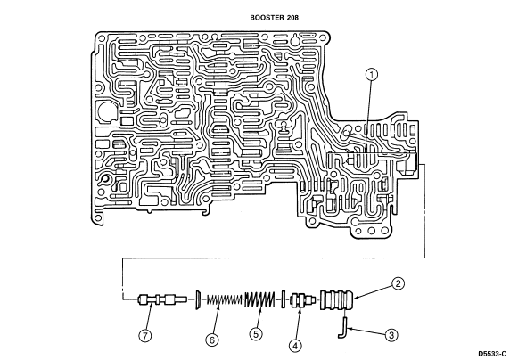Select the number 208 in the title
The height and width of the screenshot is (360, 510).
292,18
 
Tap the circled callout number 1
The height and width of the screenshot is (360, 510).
372,75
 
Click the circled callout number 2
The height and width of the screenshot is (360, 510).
398,283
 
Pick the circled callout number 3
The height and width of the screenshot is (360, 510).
391,335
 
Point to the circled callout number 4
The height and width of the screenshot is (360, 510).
295,346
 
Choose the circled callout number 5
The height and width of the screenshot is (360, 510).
256,334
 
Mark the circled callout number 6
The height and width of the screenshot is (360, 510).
212,340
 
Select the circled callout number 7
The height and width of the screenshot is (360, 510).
145,336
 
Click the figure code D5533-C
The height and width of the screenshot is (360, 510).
492,354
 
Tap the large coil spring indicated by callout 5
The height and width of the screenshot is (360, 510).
259,299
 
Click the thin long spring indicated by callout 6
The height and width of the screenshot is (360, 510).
225,299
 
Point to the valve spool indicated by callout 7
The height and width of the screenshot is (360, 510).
162,299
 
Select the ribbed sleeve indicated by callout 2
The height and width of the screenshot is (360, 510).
337,299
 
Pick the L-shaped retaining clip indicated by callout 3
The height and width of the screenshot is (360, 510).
343,328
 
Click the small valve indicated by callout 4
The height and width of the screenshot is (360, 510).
302,299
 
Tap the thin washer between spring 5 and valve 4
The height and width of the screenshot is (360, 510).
283,299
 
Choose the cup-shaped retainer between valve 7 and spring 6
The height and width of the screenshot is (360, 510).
197,299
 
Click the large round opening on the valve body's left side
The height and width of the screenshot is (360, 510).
106,112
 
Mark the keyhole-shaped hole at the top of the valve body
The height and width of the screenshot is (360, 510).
295,40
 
